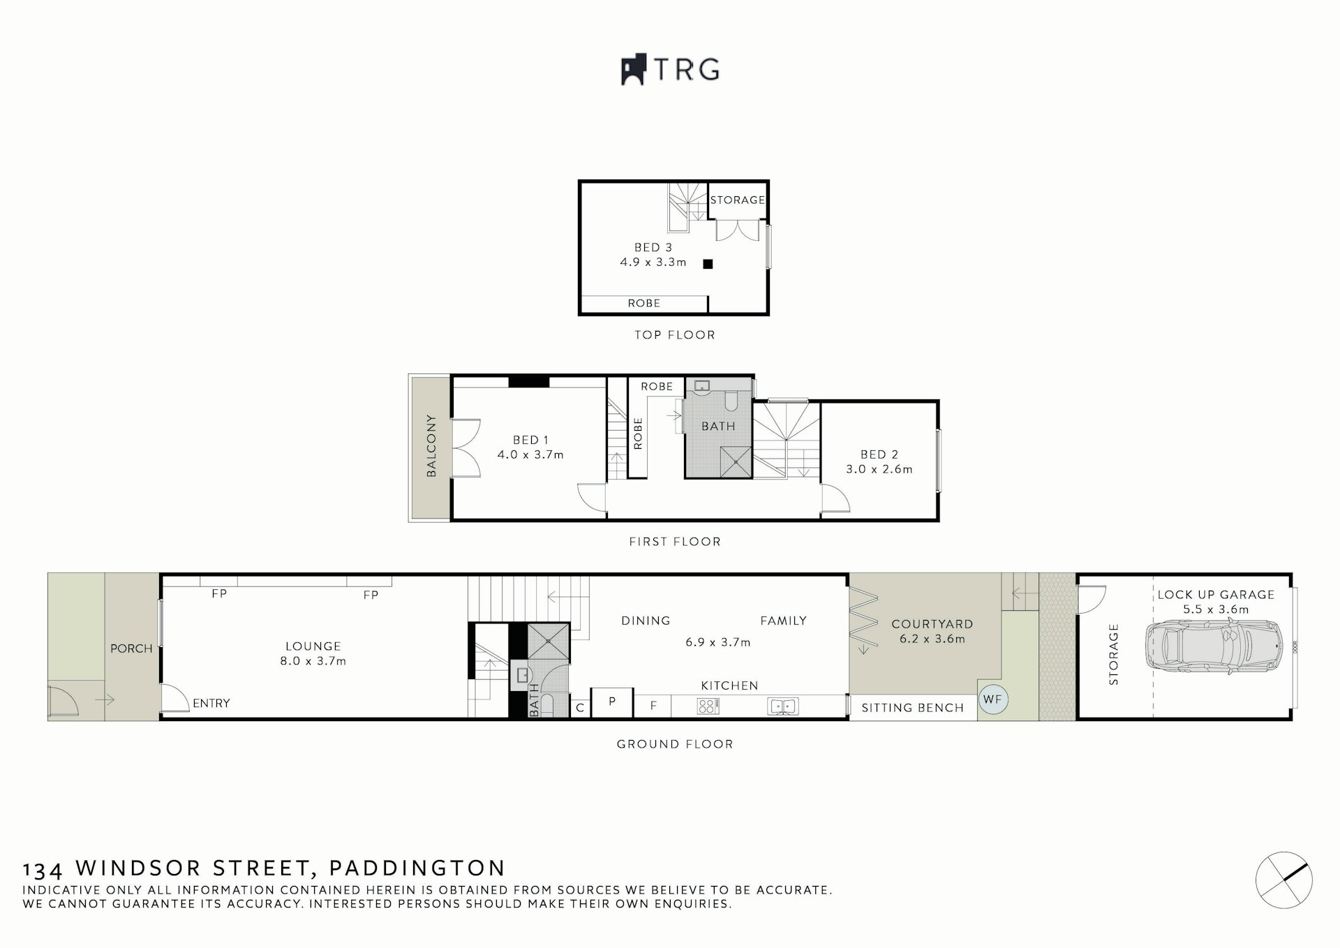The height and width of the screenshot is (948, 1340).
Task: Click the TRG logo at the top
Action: [x=670, y=70]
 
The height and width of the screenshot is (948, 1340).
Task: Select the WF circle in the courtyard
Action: [x=992, y=699]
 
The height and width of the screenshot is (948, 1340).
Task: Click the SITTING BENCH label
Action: [x=912, y=708]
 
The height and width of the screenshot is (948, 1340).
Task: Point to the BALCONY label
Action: [x=431, y=446]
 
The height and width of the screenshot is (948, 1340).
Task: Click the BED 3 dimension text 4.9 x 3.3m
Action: [x=653, y=262]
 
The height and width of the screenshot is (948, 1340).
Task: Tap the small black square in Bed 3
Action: [x=708, y=264]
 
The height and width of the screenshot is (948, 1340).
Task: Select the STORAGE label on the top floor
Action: [x=738, y=200]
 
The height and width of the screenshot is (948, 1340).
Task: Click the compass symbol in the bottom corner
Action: [x=1283, y=880]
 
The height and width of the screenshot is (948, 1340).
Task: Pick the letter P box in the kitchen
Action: [x=612, y=702]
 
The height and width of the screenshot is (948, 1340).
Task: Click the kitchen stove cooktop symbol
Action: [x=707, y=706]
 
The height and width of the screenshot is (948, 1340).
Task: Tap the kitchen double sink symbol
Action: [x=782, y=706]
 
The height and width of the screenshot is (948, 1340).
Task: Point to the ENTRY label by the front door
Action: [x=211, y=703]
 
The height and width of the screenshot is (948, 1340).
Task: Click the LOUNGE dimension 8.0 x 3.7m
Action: [x=313, y=661]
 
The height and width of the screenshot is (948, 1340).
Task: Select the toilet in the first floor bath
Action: [x=731, y=401]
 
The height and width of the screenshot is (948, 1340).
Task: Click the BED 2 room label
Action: [x=879, y=454]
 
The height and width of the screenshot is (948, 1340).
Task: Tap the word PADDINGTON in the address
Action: [x=417, y=868]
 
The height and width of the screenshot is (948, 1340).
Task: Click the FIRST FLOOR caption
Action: [x=674, y=542]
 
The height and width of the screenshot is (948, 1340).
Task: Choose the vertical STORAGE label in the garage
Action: [x=1113, y=654]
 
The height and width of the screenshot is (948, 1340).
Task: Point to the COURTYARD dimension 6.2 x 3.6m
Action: [x=932, y=639]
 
